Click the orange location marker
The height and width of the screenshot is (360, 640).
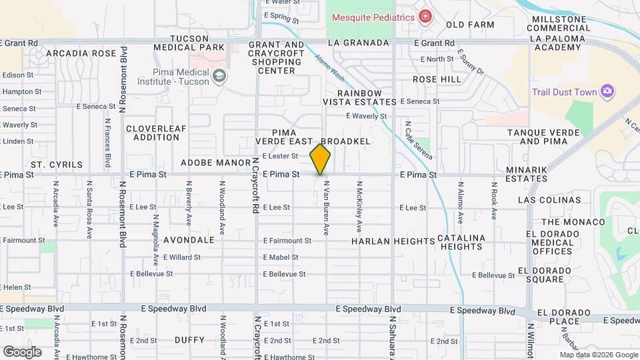(x=320, y=159)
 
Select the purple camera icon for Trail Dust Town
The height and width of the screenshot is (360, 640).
(x=607, y=91)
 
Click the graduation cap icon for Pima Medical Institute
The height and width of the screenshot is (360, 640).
(x=219, y=77)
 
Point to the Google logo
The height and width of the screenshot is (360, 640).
(x=22, y=351)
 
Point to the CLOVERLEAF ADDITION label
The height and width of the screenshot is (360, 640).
(x=153, y=132)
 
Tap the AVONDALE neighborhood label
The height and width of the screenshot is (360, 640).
(x=193, y=240)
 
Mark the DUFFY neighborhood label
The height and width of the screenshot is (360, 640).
(x=189, y=340)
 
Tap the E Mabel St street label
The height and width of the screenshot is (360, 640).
(x=281, y=257)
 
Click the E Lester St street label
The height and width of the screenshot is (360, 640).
(x=280, y=156)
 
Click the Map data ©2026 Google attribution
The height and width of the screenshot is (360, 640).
(x=598, y=355)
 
